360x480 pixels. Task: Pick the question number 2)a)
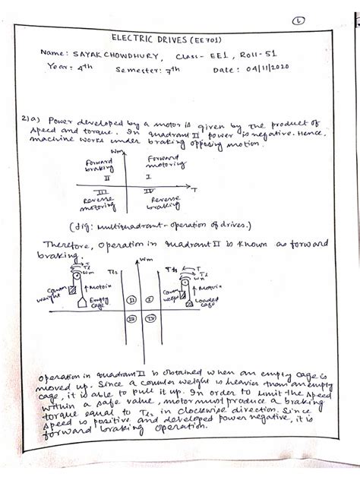tap(35, 120)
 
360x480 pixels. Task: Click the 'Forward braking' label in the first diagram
tap(93, 166)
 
